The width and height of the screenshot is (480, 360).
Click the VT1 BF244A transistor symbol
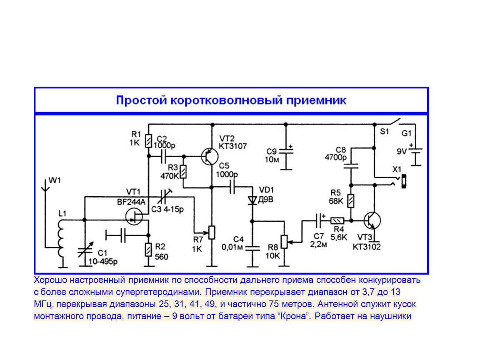pyautogui.click(x=134, y=217)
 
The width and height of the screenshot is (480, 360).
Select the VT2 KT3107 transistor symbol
pyautogui.click(x=210, y=156)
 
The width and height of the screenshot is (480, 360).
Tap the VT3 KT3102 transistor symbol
pyautogui.click(x=372, y=220)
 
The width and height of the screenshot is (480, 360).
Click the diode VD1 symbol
pyautogui.click(x=252, y=200)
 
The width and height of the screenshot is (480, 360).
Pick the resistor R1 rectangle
pyautogui.click(x=148, y=141)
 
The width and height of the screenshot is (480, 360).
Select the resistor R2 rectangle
pyautogui.click(x=148, y=250)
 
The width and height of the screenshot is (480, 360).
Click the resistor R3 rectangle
pyautogui.click(x=183, y=172)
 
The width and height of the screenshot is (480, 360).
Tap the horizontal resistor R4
pyautogui.click(x=337, y=220)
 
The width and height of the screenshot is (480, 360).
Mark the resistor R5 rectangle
pyautogui.click(x=351, y=201)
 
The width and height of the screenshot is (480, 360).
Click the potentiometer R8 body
pyautogui.click(x=285, y=242)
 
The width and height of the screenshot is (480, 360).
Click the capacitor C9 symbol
pyautogui.click(x=286, y=152)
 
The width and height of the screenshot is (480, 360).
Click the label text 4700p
pyautogui.click(x=336, y=157)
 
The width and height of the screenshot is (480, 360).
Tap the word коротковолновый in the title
pyautogui.click(x=227, y=100)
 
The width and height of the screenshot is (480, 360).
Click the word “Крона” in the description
pyautogui.click(x=294, y=316)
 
